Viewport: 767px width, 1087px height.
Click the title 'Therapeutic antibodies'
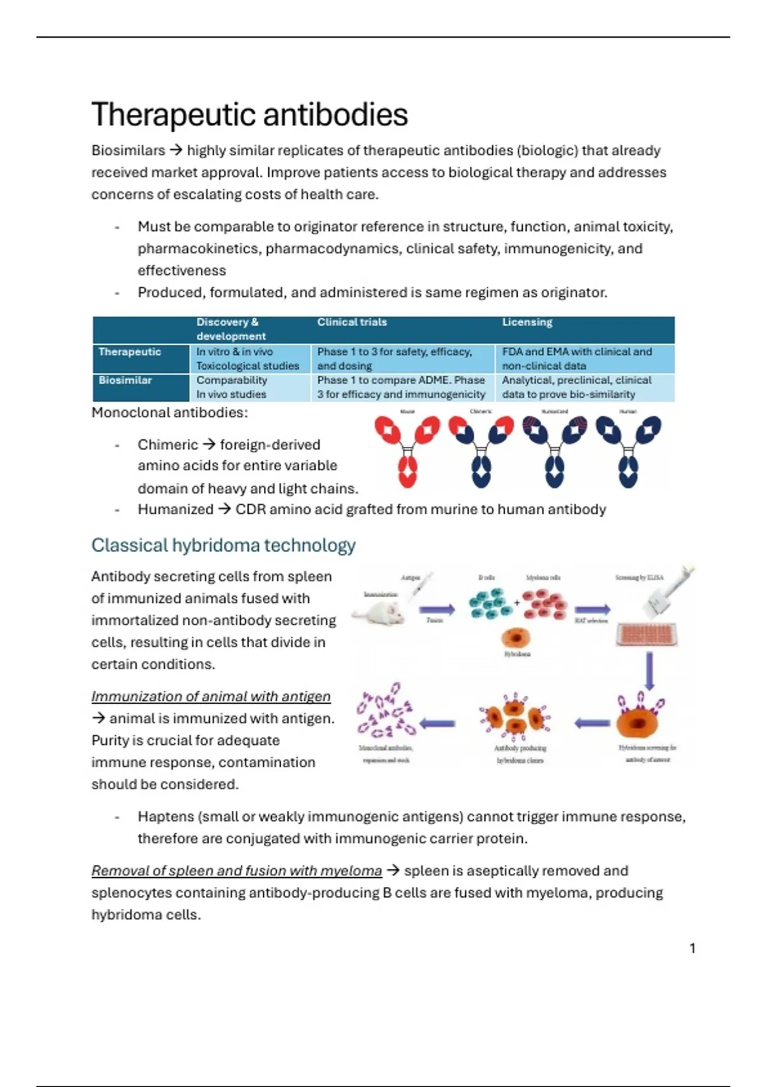(x=249, y=115)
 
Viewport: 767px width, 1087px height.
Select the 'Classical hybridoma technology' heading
(x=223, y=545)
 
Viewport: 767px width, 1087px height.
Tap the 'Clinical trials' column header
(x=352, y=322)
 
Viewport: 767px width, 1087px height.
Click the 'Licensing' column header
(x=527, y=322)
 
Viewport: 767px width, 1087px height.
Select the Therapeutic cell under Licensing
(x=577, y=359)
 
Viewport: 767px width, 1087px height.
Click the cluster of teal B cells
(x=490, y=604)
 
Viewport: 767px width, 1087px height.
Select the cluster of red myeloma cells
(x=543, y=604)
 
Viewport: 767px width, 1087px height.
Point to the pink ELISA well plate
(x=647, y=635)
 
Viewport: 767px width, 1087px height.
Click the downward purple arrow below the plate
(x=649, y=671)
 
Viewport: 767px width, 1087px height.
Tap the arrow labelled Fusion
(x=437, y=609)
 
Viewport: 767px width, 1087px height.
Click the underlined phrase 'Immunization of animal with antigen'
(x=211, y=696)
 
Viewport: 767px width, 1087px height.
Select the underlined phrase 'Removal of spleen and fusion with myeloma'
(x=236, y=871)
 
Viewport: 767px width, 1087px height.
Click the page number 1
(x=692, y=948)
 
